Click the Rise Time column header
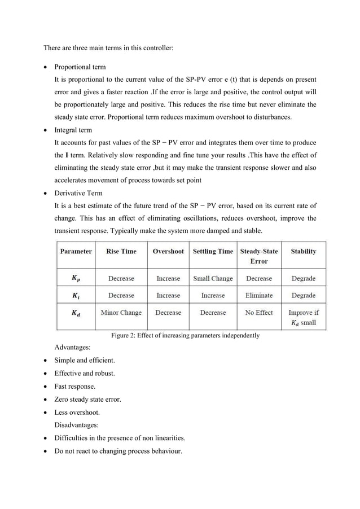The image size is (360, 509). (x=121, y=252)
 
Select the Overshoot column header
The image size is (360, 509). (x=168, y=252)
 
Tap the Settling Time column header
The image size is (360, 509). (x=213, y=252)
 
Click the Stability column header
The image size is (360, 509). (x=304, y=252)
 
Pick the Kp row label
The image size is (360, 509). (x=75, y=278)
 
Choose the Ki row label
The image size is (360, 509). (x=75, y=295)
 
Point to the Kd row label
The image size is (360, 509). (x=75, y=313)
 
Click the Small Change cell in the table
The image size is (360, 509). (x=213, y=278)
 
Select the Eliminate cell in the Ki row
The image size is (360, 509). (x=259, y=295)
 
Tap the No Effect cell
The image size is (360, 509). (x=259, y=313)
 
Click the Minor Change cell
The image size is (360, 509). (x=121, y=313)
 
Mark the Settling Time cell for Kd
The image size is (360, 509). (x=213, y=313)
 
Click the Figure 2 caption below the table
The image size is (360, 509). (x=185, y=335)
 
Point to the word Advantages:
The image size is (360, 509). (x=72, y=348)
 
